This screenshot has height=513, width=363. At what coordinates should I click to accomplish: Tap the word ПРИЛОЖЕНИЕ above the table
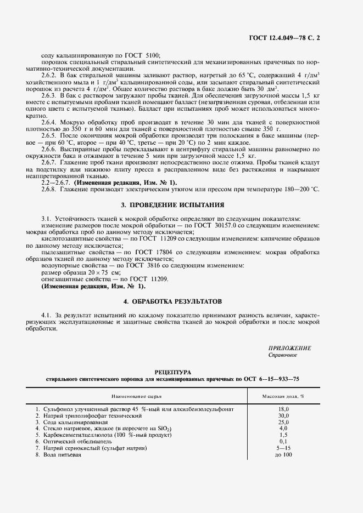coord(289,349)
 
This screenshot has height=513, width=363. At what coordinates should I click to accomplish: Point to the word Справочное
coord(283,355)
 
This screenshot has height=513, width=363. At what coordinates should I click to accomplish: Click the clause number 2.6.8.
coord(50,189)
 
